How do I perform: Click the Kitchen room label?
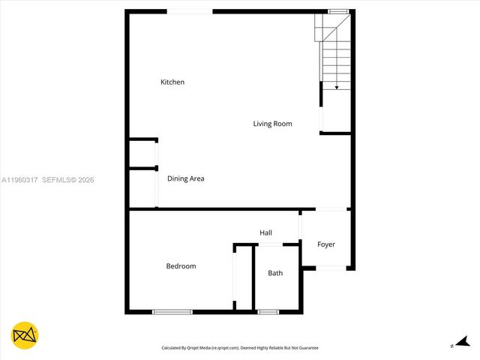pos(172,82)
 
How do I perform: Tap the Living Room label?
pos(272,124)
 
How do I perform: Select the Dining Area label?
pos(185,178)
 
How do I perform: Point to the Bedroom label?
pos(181,266)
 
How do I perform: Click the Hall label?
pos(265,232)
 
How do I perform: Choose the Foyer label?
pos(325,244)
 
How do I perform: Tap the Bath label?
pos(275,273)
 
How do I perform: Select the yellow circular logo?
pos(25,336)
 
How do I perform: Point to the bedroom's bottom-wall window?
pos(172,312)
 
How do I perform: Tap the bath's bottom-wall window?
pos(268,312)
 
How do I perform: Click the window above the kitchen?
pos(189,11)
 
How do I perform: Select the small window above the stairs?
pos(338,11)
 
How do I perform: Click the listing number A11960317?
pos(20,180)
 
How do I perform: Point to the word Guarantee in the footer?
pos(306,348)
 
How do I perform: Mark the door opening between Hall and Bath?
pos(271,244)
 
